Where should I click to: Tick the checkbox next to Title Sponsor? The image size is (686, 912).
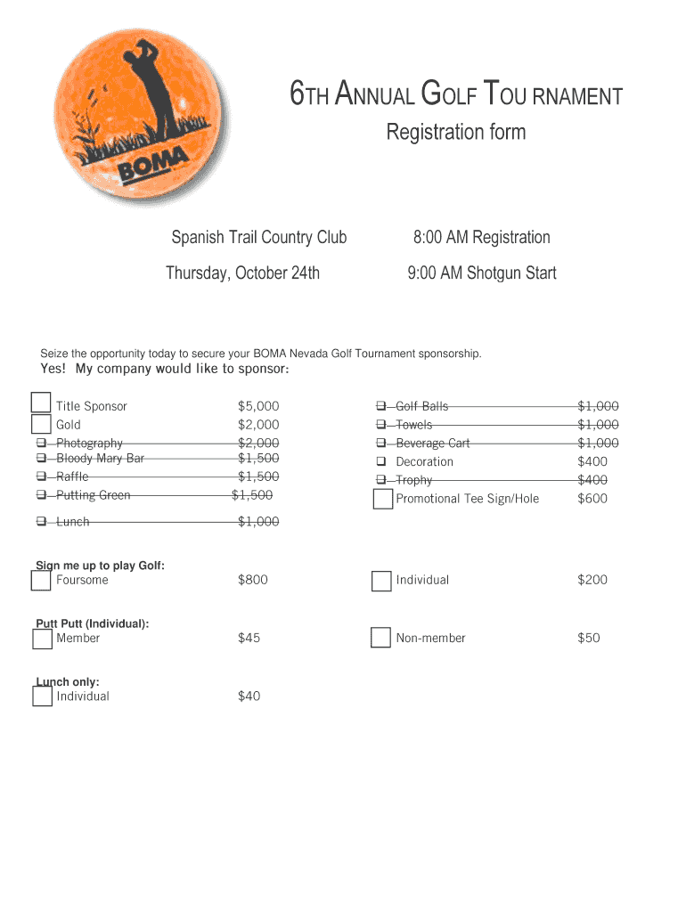coord(41,404)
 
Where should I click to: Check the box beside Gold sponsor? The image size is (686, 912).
coord(41,424)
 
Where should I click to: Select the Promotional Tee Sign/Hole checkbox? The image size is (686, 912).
coord(382,499)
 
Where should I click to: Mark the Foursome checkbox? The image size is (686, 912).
coord(41,581)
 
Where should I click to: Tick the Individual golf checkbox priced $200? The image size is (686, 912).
coord(381,581)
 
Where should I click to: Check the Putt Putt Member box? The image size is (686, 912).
coord(42,639)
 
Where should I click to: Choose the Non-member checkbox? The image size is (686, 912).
coord(381,638)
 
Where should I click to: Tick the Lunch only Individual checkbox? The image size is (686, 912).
coord(42,696)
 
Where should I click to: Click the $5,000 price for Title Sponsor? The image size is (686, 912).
coord(258,406)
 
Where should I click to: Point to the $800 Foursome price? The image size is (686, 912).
coord(252,580)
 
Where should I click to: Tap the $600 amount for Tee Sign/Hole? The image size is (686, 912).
coord(592,499)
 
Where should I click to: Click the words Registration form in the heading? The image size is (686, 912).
coord(455,133)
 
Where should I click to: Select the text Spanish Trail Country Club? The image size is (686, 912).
coord(258,238)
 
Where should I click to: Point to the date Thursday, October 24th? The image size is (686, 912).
coord(242,273)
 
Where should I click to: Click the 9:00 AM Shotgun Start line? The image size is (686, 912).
coord(481,273)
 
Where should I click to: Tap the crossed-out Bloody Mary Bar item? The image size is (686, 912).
coord(100,459)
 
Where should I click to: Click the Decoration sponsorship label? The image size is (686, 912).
coord(424,461)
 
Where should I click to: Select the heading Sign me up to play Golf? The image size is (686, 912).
coord(100,566)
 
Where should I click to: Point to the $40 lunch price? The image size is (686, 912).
coord(249,696)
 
